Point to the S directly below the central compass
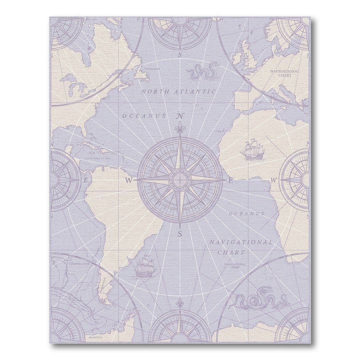pos(179,233)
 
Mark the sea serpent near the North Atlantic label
pos(201,72)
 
